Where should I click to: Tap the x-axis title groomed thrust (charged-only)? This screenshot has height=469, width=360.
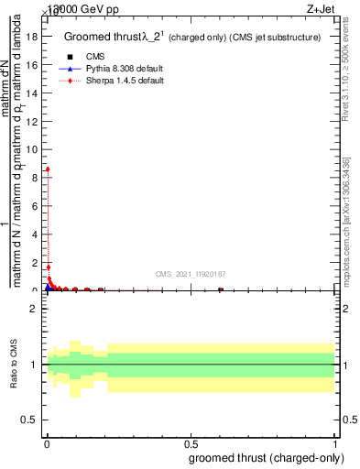pyautogui.click(x=266, y=457)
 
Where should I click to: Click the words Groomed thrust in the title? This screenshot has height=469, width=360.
pyautogui.click(x=100, y=37)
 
